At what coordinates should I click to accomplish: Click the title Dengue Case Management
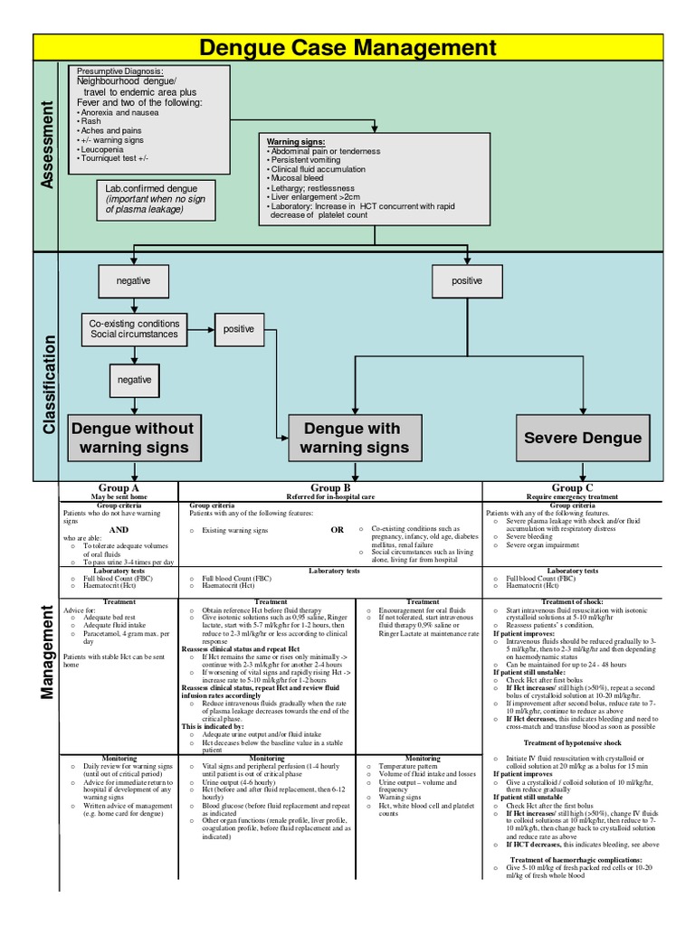tap(347, 47)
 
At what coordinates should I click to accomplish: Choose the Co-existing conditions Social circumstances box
tap(134, 329)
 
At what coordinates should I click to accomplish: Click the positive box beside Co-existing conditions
tap(239, 329)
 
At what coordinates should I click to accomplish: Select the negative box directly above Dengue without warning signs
tap(134, 380)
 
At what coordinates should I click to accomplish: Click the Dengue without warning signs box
tap(132, 438)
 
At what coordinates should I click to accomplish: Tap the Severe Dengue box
tap(583, 438)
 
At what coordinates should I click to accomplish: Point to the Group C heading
tap(573, 488)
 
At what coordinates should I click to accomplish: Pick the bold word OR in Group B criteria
tap(338, 530)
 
